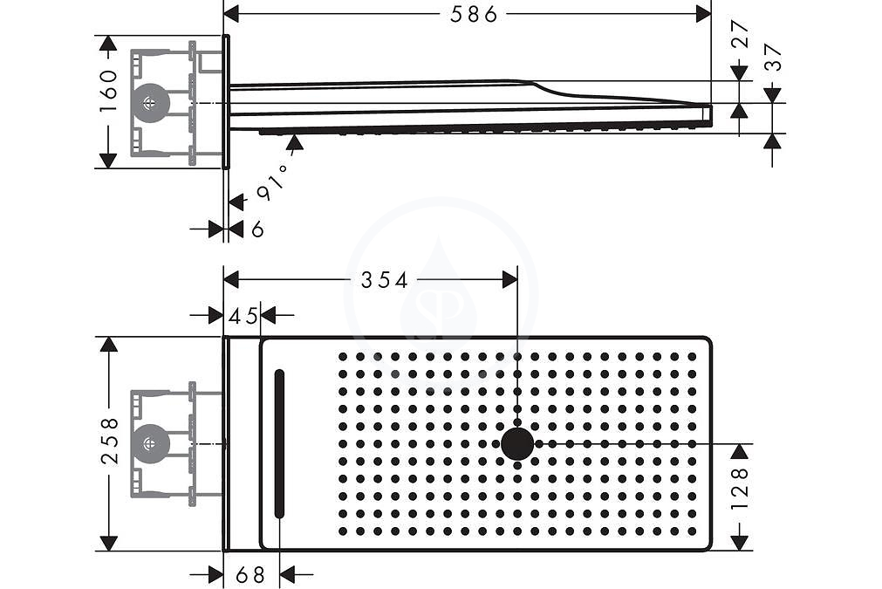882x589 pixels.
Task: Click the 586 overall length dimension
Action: [475, 14]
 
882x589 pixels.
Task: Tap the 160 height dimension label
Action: [108, 91]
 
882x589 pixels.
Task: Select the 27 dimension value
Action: [741, 36]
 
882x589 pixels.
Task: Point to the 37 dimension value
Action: [774, 58]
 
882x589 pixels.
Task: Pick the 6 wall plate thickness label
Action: [257, 229]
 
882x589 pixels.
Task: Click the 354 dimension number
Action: [384, 279]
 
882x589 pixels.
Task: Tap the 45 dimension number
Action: [243, 316]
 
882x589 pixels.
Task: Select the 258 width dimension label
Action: [110, 441]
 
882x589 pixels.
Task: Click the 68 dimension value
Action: [250, 575]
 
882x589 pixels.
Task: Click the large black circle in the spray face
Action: [517, 443]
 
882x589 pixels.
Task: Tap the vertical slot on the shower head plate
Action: [279, 443]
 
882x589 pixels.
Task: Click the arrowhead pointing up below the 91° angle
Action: [294, 142]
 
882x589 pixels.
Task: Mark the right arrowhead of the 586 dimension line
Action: [704, 14]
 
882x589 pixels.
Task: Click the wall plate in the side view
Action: [226, 102]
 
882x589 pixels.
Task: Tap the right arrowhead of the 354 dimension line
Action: [509, 279]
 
